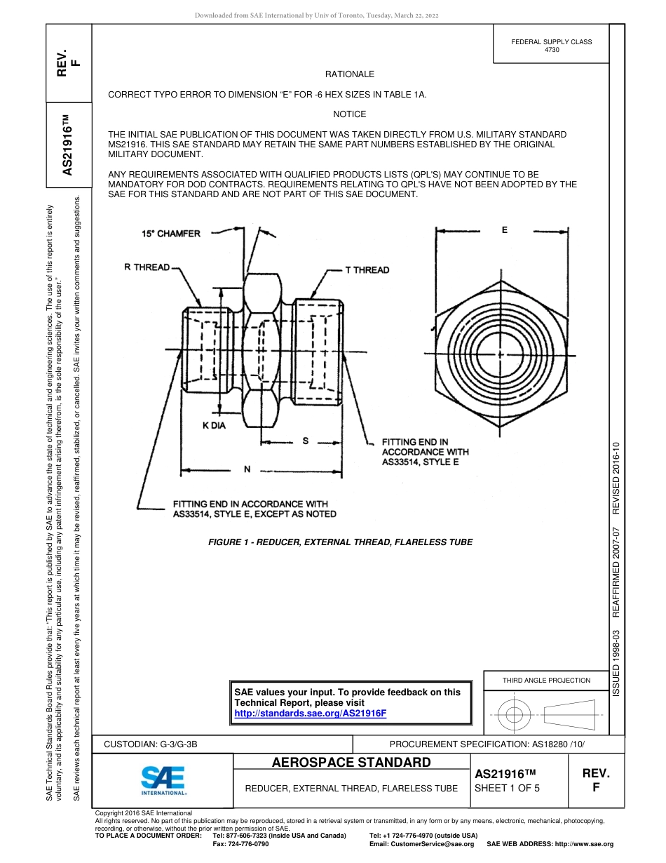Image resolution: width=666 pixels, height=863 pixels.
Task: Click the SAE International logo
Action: pos(163,780)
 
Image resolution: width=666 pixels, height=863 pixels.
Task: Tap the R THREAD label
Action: pos(147,267)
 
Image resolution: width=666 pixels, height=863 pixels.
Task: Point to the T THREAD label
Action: pos(367,270)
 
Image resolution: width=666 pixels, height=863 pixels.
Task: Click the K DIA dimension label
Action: pos(214,426)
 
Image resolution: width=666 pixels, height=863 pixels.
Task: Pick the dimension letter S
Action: pos(305,441)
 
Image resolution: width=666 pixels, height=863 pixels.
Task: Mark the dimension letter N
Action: pos(247,469)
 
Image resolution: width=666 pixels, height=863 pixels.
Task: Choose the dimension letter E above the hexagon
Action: pos(504,230)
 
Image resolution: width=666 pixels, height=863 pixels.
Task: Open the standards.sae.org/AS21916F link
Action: pos(310,714)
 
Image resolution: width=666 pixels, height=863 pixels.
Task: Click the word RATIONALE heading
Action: pos(349,74)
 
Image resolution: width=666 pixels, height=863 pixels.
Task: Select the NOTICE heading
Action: pos(349,114)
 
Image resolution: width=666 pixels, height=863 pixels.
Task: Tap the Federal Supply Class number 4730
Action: pos(552,51)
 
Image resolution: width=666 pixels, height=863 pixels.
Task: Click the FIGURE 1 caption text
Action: pos(340,542)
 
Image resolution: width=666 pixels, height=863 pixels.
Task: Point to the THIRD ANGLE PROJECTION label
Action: pos(546,680)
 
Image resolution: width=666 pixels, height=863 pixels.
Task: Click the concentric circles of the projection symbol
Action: pos(515,715)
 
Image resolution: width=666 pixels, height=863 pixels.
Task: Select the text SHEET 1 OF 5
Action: pos(507,788)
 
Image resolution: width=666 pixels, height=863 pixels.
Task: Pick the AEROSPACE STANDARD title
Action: pos(351,763)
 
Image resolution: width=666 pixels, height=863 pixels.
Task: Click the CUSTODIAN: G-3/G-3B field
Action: pos(156,744)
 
